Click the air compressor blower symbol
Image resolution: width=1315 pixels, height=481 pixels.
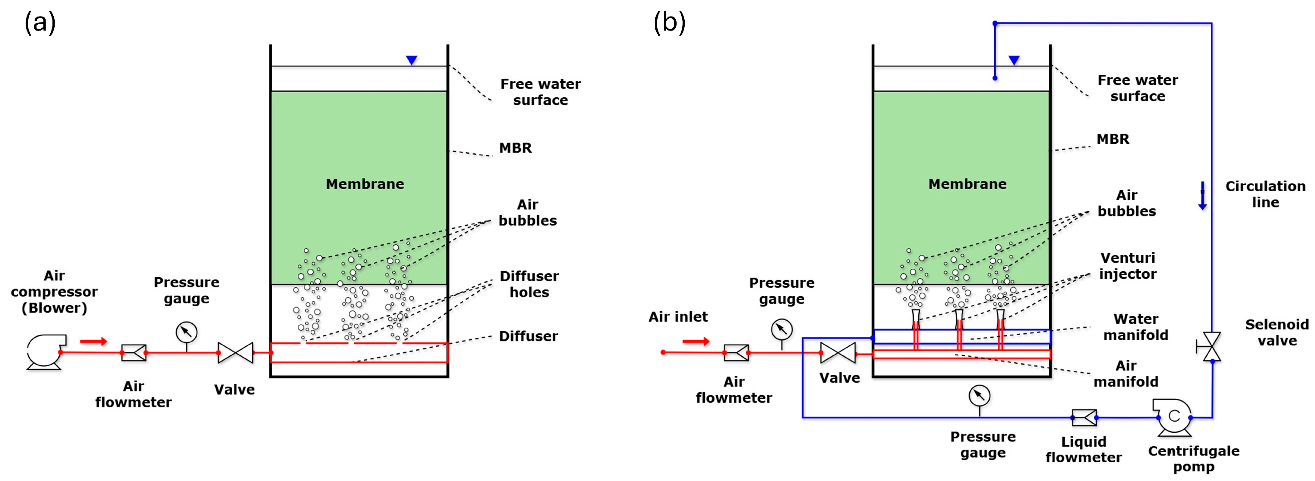[46, 351]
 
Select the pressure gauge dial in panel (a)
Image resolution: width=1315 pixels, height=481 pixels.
[186, 332]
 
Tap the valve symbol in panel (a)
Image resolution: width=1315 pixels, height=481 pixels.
[235, 352]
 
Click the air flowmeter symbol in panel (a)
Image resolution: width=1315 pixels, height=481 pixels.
[134, 352]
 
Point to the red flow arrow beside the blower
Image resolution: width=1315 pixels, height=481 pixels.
[93, 341]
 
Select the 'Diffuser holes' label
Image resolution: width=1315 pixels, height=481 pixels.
[529, 284]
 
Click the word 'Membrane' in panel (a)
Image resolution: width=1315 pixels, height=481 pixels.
[365, 184]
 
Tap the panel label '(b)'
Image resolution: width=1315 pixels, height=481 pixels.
[669, 23]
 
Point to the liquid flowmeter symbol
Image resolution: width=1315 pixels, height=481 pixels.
[1084, 417]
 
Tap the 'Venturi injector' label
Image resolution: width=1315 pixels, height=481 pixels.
[1128, 266]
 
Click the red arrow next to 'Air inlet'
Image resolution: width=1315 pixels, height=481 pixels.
[696, 341]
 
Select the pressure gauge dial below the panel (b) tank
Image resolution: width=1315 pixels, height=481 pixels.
[979, 395]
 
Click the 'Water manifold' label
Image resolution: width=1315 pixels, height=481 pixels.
[1136, 327]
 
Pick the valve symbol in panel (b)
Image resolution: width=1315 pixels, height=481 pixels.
[838, 352]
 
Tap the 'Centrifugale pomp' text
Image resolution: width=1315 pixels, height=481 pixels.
[1194, 459]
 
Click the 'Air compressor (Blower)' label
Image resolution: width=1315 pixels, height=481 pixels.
[54, 292]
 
